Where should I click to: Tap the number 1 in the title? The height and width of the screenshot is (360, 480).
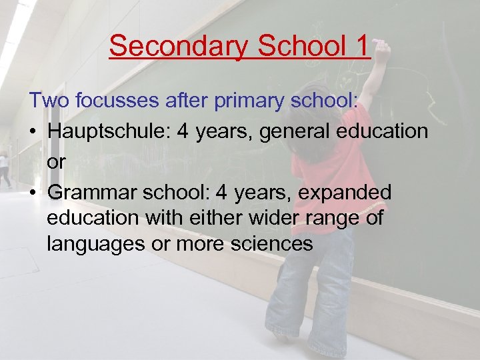(x=361, y=46)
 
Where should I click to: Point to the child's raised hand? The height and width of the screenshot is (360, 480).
(x=382, y=50)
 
